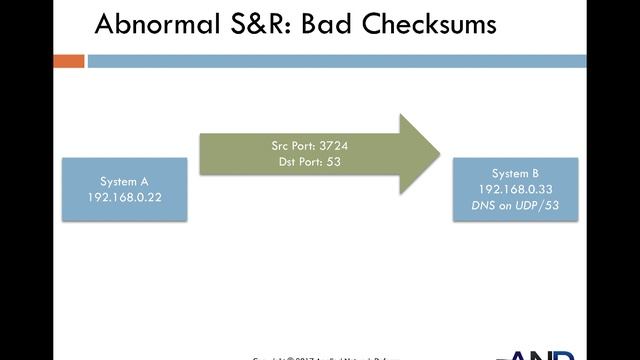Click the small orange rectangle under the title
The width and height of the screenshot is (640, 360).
(68, 61)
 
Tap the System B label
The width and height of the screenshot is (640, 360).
(516, 173)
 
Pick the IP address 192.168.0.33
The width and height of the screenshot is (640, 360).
(516, 188)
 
